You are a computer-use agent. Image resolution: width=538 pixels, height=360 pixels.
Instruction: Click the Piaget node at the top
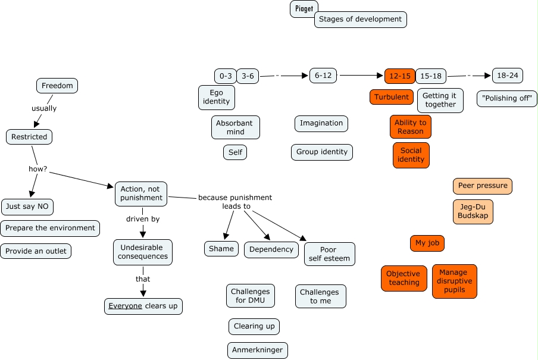[x=304, y=9]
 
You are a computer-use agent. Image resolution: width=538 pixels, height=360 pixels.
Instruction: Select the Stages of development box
[x=360, y=19]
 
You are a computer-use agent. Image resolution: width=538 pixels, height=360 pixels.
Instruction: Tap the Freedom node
[x=57, y=86]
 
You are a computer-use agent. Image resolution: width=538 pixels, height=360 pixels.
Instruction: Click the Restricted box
[x=29, y=137]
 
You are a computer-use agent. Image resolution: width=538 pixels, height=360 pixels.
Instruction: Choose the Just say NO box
[x=27, y=207]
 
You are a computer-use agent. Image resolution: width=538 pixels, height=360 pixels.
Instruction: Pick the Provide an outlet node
[x=36, y=251]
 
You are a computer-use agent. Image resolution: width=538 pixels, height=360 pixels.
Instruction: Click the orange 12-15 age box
[x=399, y=76]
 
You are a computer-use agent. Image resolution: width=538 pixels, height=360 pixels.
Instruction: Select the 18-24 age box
[x=508, y=76]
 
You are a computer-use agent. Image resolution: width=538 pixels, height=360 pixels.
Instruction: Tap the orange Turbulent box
[x=392, y=97]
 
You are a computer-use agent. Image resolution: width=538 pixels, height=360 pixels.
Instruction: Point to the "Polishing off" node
[x=507, y=99]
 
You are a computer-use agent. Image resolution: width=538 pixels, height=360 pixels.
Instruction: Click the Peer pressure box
[x=483, y=186]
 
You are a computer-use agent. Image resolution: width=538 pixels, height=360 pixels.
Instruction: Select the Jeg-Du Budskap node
[x=473, y=212]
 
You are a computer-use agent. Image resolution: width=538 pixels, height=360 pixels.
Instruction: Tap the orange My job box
[x=427, y=243]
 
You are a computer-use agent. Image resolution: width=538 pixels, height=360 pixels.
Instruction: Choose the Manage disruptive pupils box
[x=454, y=281]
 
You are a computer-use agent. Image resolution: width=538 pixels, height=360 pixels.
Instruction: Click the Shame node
[x=221, y=249]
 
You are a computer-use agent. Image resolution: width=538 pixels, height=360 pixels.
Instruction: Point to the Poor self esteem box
[x=329, y=254]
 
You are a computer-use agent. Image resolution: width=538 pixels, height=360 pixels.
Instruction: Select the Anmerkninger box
[x=258, y=350]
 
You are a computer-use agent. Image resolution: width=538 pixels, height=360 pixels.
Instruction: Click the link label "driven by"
[x=143, y=219]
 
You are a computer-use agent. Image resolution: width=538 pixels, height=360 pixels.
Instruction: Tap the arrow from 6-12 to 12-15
[x=360, y=76]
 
